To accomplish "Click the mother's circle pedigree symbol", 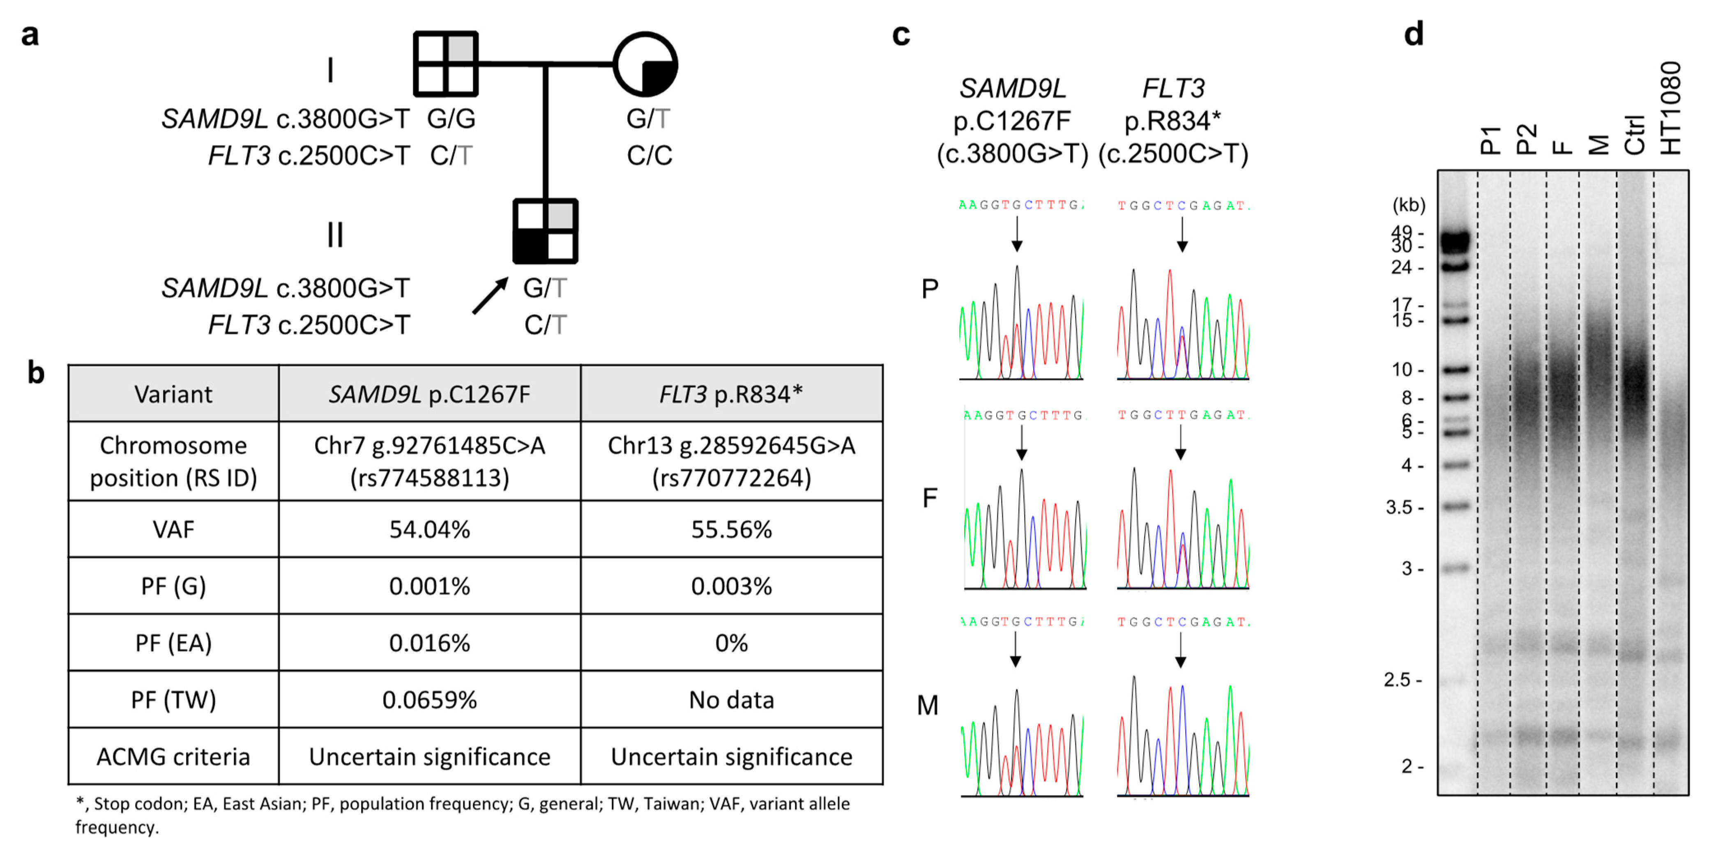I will pos(645,64).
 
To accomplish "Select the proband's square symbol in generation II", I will pos(545,231).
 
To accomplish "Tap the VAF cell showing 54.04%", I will pos(429,529).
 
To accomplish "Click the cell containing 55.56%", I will pos(731,529).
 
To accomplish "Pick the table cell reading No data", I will pos(731,700).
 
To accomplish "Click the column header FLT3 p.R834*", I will pos(731,394).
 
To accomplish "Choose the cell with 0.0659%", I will pos(429,700).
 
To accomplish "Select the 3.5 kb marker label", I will pos(1404,508).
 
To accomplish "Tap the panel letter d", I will pos(1413,33).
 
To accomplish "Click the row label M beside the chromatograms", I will pos(928,706).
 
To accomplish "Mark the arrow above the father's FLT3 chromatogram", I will pos(1180,442).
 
